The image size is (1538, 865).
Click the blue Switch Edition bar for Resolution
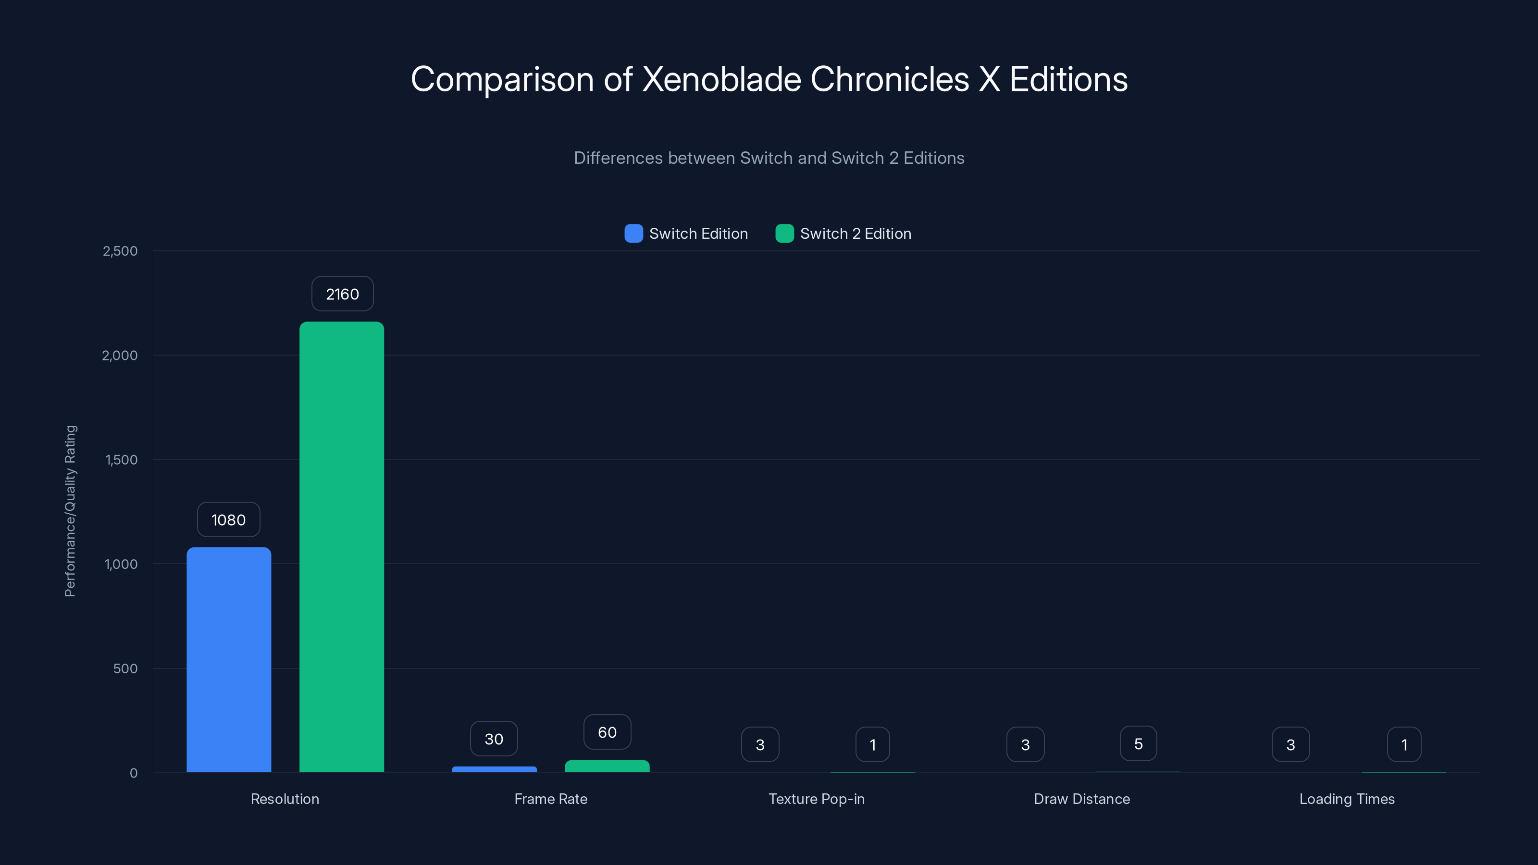pos(229,660)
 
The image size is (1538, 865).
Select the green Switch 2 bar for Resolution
pos(342,547)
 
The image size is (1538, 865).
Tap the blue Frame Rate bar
pos(495,769)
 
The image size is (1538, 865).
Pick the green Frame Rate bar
pos(607,766)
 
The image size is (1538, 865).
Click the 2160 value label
pos(342,294)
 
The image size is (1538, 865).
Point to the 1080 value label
pos(229,519)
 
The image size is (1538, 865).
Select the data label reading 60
pos(607,732)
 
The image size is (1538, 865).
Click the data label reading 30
pos(494,739)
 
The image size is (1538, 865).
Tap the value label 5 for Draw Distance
pos(1139,744)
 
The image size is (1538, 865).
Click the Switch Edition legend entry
pos(687,234)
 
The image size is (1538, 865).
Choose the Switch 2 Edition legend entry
pos(843,234)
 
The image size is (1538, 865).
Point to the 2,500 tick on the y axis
pos(120,251)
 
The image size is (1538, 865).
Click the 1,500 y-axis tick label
pos(121,460)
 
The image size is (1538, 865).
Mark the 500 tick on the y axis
pos(125,668)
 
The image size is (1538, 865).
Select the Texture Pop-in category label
pos(816,799)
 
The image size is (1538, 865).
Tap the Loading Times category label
pos(1347,799)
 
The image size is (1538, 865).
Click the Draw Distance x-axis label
pos(1082,799)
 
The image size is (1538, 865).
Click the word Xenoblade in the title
pos(721,79)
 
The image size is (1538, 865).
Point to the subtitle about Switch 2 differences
pos(769,158)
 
